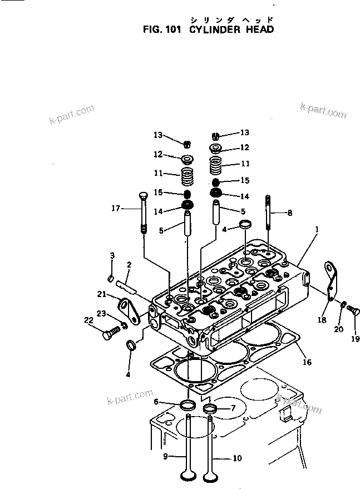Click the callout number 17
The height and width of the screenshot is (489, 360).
coord(115,209)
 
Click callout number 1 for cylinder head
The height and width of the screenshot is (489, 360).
coord(317,229)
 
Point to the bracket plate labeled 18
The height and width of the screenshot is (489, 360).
coord(333,287)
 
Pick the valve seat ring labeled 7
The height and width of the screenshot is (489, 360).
coord(210,411)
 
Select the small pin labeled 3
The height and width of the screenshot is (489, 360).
coord(111,278)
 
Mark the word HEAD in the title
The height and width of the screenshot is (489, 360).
coord(259,29)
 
